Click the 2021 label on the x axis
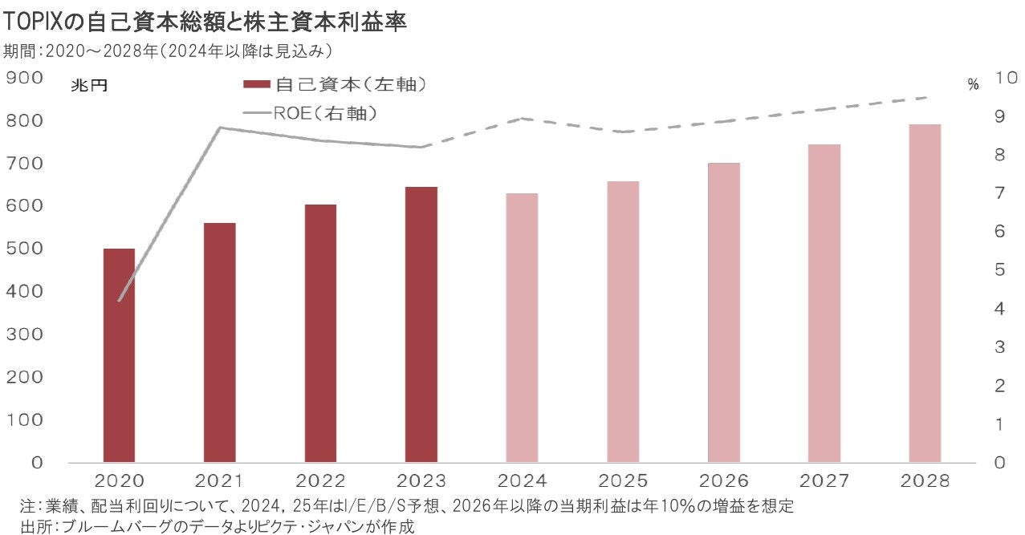click(x=220, y=481)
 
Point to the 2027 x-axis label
click(x=824, y=481)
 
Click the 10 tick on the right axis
click(x=1006, y=78)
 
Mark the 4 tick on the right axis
click(x=999, y=309)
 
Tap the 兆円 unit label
click(x=88, y=85)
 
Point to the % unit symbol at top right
click(x=973, y=85)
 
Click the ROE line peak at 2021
click(x=220, y=128)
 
